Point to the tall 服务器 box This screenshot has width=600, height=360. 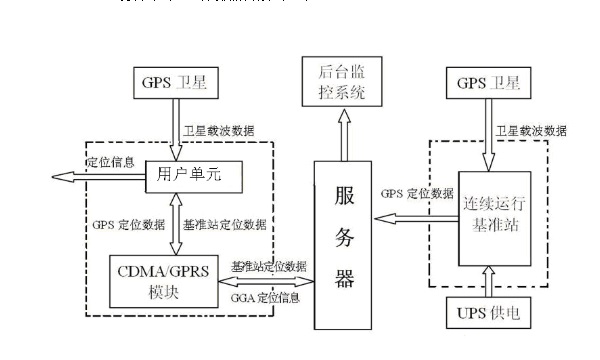coord(345,240)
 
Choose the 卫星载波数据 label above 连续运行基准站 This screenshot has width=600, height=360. coord(533,130)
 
